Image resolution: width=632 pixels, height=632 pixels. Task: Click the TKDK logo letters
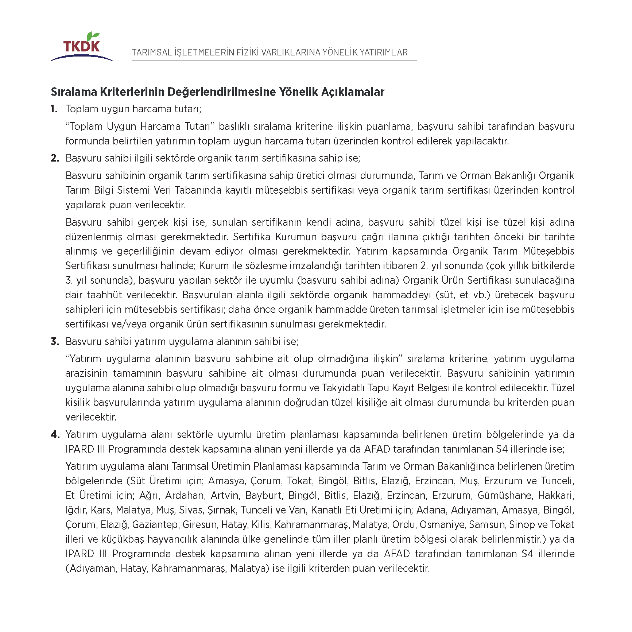tap(81, 46)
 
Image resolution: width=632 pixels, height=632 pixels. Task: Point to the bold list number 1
tap(54, 109)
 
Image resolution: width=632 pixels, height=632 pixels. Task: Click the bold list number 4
tap(55, 434)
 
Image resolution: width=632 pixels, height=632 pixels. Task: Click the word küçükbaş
tap(122, 539)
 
